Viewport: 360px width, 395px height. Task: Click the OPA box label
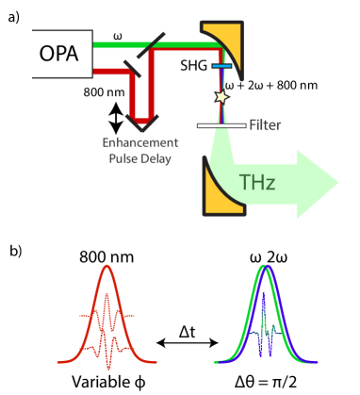coord(58,54)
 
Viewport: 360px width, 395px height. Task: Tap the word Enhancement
coord(140,142)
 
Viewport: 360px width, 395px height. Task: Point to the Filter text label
coord(265,124)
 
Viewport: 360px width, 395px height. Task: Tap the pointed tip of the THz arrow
coord(336,181)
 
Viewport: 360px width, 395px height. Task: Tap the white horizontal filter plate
coord(222,124)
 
